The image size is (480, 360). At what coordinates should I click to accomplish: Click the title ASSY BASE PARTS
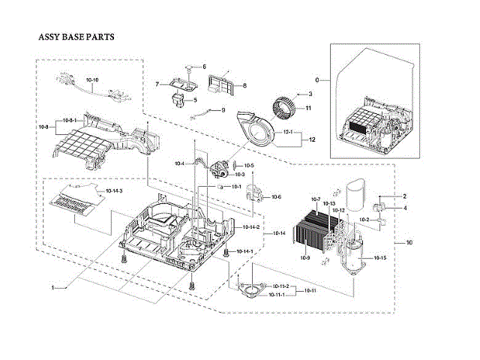76,36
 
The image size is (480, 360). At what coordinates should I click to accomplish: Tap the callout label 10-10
92,79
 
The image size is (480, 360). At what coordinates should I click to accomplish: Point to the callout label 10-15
379,258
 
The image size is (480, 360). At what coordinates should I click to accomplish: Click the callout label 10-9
305,258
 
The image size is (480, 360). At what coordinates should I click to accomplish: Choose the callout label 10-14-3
114,192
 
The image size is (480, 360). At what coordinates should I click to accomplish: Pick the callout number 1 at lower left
53,287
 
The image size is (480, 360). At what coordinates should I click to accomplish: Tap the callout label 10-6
276,196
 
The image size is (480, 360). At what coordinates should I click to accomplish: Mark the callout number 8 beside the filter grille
244,86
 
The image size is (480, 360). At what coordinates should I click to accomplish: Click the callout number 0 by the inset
317,79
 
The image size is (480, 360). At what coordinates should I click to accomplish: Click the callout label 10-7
315,199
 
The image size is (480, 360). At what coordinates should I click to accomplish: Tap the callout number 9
223,110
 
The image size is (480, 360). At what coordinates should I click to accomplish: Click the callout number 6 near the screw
202,67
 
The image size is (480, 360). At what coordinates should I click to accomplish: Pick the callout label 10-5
249,165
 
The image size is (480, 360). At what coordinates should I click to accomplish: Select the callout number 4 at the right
405,208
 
